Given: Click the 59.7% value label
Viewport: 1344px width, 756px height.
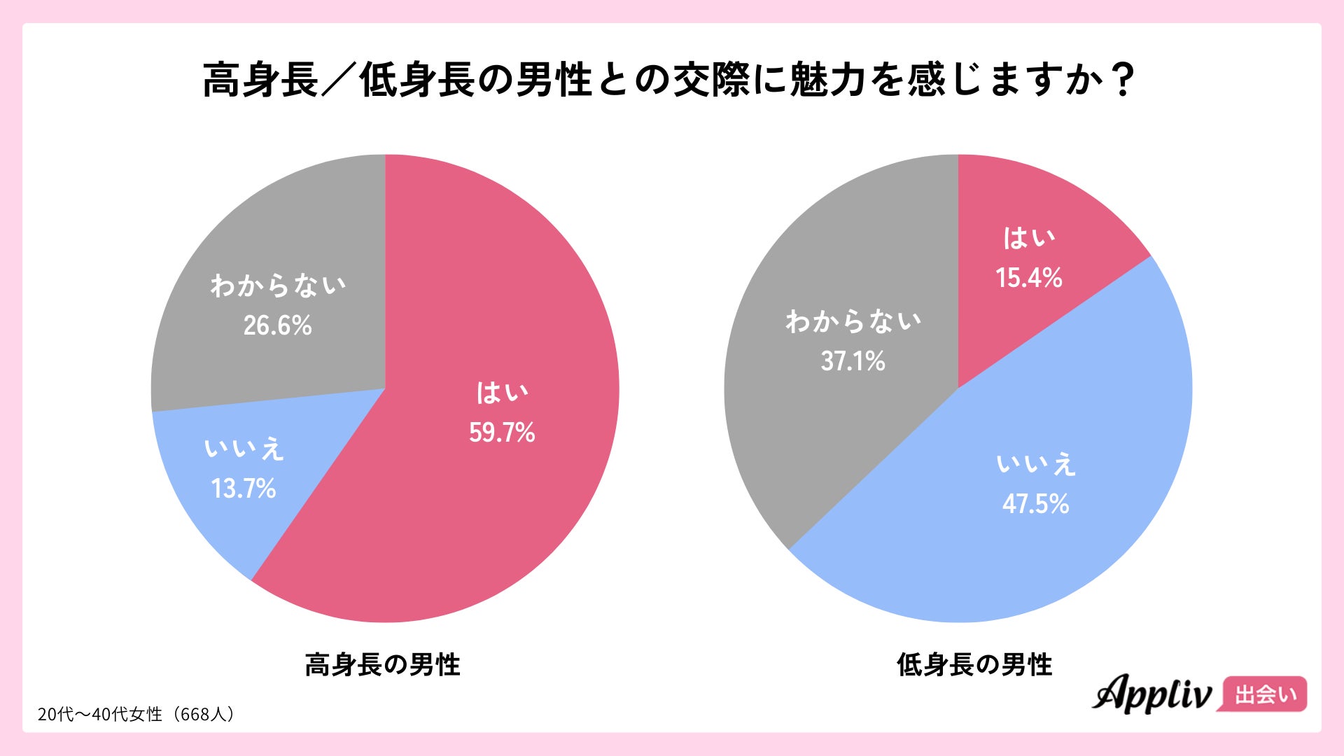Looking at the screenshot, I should point(502,433).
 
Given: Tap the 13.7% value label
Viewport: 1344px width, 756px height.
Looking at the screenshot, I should point(244,489).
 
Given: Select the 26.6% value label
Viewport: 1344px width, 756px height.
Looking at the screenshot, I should point(277,325).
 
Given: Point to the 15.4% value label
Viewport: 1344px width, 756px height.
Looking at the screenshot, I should point(1029,278).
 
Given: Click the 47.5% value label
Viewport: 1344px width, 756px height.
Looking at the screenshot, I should point(1035,504).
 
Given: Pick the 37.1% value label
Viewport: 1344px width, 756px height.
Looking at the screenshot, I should point(853,361).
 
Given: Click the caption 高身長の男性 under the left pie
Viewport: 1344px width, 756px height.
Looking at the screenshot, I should point(382,665).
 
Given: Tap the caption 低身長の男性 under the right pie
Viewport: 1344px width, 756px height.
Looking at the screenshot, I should point(974,665).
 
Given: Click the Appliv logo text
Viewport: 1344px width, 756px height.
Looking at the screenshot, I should point(1152,694).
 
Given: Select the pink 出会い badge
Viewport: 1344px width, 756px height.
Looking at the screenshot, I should point(1265,694).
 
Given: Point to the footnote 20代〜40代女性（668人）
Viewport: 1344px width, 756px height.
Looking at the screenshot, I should point(136,714).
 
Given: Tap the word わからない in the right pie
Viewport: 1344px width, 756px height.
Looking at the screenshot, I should point(853,321).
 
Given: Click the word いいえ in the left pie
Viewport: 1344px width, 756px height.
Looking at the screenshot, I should point(244,449).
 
